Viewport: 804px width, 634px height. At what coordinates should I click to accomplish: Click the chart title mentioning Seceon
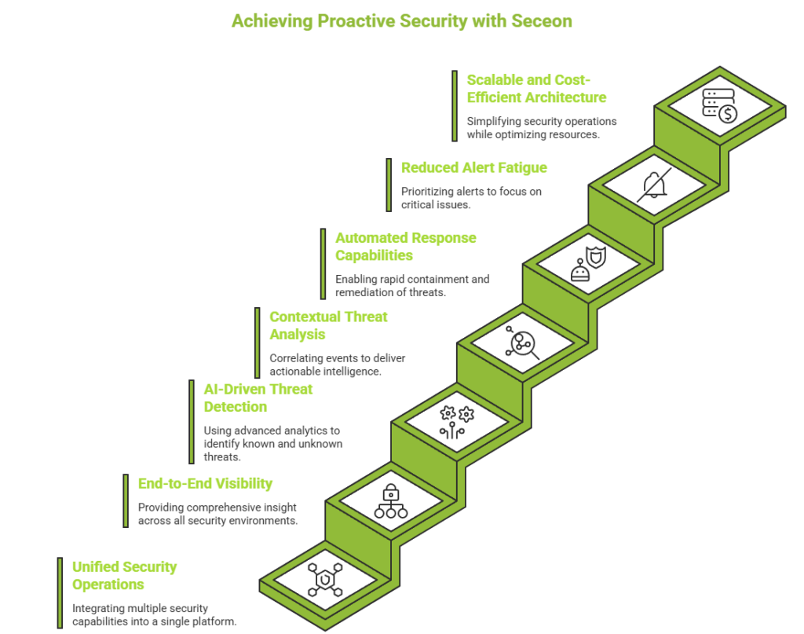[401, 21]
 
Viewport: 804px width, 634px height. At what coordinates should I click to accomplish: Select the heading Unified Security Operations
[124, 576]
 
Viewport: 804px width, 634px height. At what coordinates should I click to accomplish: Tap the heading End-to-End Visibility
[205, 484]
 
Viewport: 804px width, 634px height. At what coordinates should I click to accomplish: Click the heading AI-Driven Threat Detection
[258, 398]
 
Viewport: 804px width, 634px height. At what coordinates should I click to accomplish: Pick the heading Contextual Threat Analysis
[328, 326]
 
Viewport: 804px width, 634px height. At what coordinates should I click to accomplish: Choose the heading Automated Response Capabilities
[405, 247]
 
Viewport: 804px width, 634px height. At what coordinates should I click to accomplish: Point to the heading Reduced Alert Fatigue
[473, 167]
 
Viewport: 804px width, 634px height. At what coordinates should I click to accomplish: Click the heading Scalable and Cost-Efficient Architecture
[536, 88]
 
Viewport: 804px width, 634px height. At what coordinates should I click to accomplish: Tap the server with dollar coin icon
[719, 105]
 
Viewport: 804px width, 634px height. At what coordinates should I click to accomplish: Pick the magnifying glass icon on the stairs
[522, 343]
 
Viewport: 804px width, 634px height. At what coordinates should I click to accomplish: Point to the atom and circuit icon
[457, 420]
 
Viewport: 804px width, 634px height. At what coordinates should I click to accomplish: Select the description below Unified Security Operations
[154, 614]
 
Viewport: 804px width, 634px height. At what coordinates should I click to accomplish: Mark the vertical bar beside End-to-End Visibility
[125, 501]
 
